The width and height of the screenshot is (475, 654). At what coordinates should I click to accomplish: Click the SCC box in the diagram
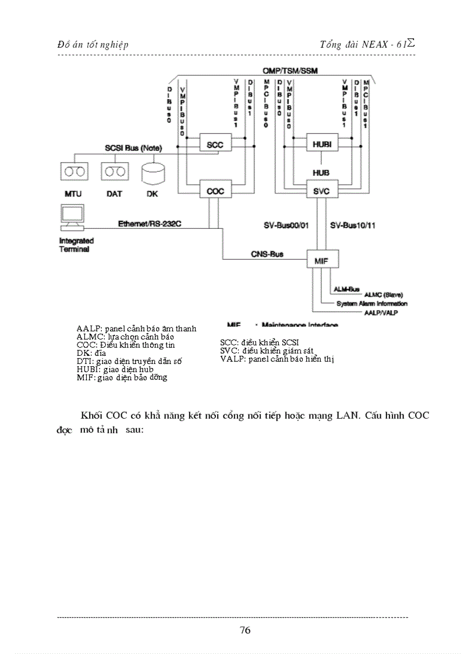click(x=215, y=144)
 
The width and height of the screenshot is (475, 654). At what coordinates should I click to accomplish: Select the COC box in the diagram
click(x=215, y=190)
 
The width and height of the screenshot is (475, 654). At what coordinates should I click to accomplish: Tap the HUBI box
click(x=322, y=144)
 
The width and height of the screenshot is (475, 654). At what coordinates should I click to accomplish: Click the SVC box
click(x=322, y=190)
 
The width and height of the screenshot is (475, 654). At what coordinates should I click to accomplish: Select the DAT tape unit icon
click(x=115, y=172)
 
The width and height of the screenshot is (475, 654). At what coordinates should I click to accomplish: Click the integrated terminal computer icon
click(x=70, y=219)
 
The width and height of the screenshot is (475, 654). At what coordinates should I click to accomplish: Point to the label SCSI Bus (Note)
click(x=133, y=148)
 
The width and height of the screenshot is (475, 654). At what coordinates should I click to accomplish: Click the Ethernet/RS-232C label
click(x=145, y=223)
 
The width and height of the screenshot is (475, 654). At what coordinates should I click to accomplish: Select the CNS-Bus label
click(x=267, y=254)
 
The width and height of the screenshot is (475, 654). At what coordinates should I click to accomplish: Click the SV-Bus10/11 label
click(x=352, y=224)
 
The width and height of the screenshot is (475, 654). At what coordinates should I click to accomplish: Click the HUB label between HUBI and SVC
click(x=321, y=173)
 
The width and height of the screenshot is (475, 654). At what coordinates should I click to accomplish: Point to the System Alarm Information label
click(x=372, y=303)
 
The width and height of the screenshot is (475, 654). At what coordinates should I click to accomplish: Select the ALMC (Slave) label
click(x=383, y=295)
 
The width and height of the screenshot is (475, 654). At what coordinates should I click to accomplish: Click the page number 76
click(x=245, y=630)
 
